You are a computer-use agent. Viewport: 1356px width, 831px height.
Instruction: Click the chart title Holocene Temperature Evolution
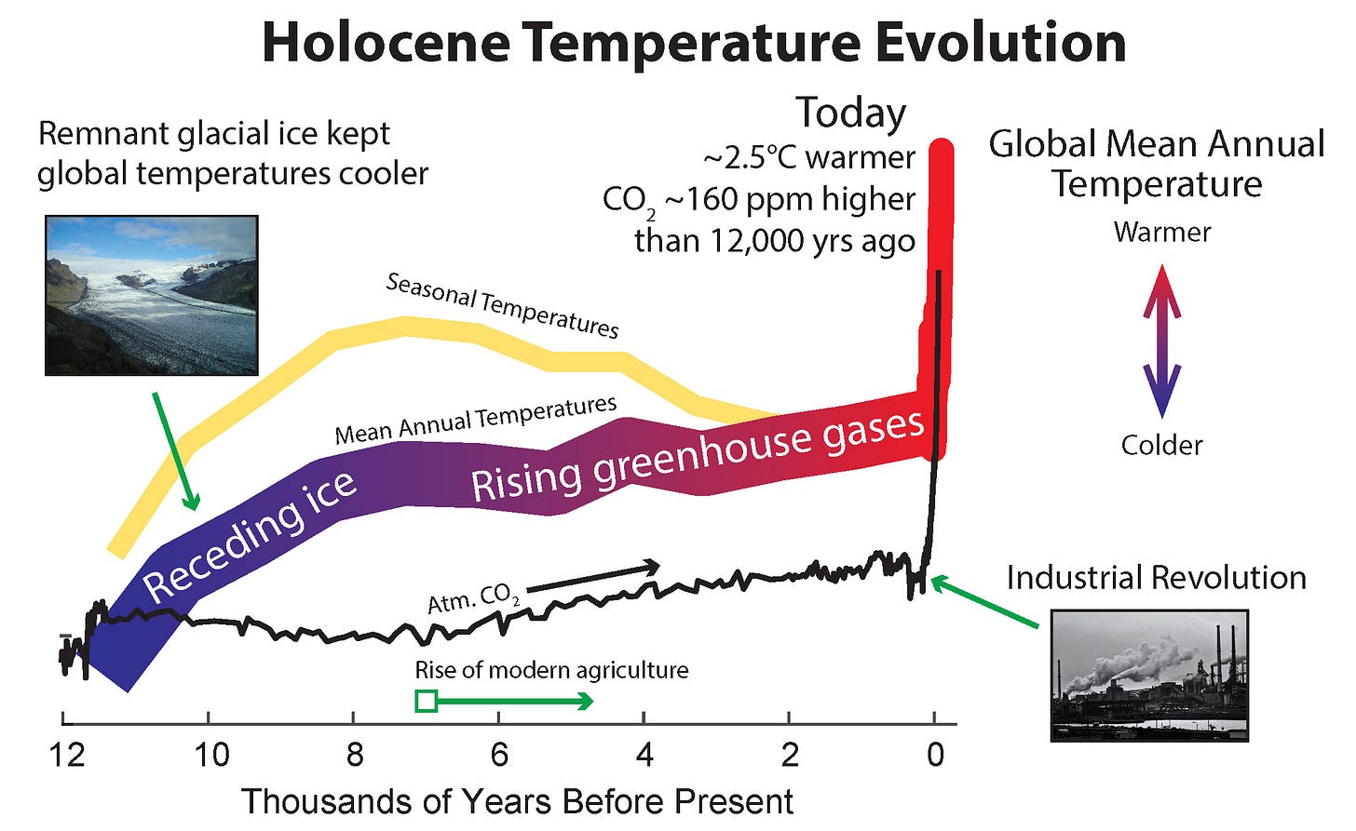point(693,43)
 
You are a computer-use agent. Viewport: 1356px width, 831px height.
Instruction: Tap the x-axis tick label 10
point(210,754)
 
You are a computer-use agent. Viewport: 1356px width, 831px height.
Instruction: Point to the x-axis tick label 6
point(499,754)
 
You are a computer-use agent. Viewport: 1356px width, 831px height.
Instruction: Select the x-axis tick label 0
point(935,754)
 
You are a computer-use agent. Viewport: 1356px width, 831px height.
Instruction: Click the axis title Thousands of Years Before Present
point(517,801)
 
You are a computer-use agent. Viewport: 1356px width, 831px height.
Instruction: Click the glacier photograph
point(152,295)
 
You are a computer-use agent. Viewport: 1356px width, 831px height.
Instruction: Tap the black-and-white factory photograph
point(1149,675)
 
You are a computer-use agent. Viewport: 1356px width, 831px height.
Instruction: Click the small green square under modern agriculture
point(426,701)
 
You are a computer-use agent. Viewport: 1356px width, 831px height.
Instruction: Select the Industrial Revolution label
point(1156,578)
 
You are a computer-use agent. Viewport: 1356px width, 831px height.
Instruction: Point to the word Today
point(850,114)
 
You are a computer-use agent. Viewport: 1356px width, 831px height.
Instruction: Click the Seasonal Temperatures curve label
point(502,305)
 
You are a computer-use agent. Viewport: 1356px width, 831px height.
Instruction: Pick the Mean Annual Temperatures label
point(475,421)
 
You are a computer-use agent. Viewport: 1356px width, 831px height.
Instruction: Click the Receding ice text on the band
point(250,535)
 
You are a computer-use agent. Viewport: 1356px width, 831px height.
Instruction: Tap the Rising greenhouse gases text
point(697,455)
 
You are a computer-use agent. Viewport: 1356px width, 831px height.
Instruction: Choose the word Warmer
point(1161,232)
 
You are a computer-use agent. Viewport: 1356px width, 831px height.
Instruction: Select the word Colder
point(1161,445)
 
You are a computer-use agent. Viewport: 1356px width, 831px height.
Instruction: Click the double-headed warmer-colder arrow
point(1161,341)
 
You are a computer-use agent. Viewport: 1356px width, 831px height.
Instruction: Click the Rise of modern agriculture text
point(551,670)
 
